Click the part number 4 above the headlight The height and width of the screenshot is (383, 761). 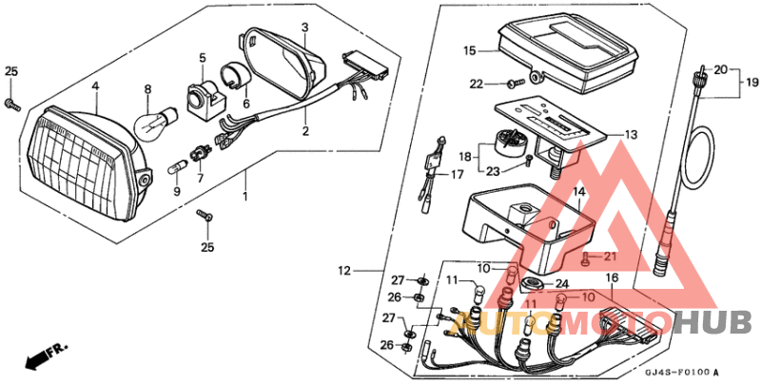pyautogui.click(x=95, y=86)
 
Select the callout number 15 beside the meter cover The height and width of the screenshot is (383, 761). pyautogui.click(x=470, y=49)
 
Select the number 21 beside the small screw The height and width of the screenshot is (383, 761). pyautogui.click(x=610, y=257)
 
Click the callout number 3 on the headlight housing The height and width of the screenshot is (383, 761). pyautogui.click(x=304, y=28)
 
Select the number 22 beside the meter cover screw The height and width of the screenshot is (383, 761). pyautogui.click(x=477, y=85)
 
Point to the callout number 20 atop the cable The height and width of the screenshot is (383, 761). pyautogui.click(x=721, y=69)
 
